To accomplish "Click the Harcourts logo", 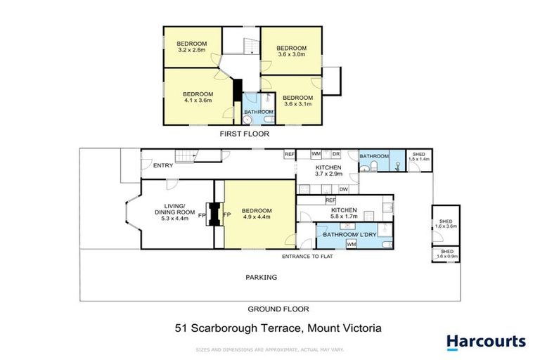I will [x=486, y=342].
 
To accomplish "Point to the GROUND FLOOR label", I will [x=278, y=309].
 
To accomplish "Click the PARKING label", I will [x=261, y=277].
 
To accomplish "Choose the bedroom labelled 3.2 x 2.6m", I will [x=190, y=47].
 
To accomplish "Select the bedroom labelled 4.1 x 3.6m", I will [x=198, y=98].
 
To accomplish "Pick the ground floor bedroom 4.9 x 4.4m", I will [x=256, y=214].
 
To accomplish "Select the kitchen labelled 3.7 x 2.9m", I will [x=328, y=170].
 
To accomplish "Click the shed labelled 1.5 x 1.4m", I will [x=420, y=157].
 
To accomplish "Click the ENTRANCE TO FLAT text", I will [x=307, y=256].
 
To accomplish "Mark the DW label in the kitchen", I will [x=343, y=188].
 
